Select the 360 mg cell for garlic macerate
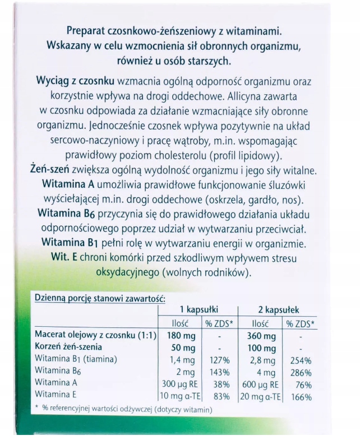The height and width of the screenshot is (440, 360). point(262,336)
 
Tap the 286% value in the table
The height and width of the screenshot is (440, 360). point(301,372)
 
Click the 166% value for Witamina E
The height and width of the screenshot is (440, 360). point(301,397)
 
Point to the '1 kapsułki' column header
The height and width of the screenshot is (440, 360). point(199,309)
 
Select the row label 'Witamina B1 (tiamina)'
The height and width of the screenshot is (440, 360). point(76,360)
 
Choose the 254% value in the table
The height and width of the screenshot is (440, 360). point(301,360)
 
